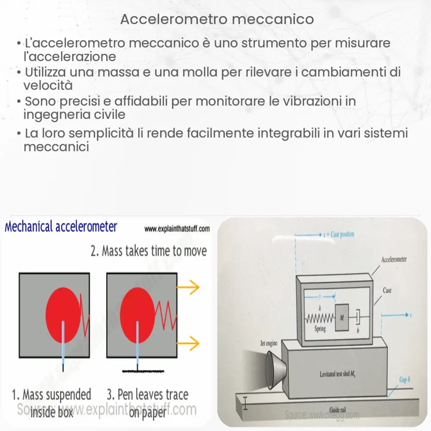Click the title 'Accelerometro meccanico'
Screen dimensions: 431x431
(x=217, y=19)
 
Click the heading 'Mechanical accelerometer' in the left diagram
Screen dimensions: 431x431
(x=61, y=227)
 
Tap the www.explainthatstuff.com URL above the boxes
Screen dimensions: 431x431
(x=177, y=229)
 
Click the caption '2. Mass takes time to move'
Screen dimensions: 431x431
(x=149, y=250)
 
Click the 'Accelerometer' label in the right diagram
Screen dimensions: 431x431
(x=394, y=259)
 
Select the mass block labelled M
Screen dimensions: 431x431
(x=342, y=317)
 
